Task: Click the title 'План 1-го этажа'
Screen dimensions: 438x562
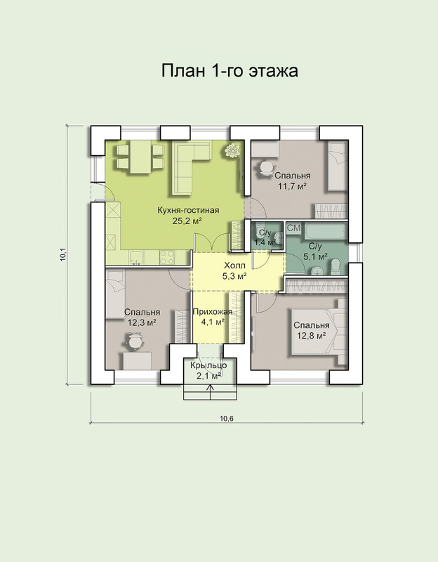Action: point(230,71)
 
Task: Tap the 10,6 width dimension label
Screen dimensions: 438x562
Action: point(227,418)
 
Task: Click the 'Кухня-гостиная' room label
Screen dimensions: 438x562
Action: point(188,210)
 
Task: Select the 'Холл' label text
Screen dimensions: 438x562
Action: point(234,266)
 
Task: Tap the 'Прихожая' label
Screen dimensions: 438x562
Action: point(213,312)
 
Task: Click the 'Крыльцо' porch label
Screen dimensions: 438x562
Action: point(208,365)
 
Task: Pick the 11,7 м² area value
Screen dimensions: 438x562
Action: point(293,185)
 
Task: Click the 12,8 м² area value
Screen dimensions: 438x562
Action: point(311,336)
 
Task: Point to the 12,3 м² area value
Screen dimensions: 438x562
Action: point(142,322)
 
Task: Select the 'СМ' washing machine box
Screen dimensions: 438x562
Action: point(294,228)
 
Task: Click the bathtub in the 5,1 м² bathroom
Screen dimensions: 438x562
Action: point(326,231)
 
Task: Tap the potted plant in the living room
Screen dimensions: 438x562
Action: point(232,150)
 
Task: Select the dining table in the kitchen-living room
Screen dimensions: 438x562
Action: point(140,157)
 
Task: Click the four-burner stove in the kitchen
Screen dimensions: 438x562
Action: point(167,257)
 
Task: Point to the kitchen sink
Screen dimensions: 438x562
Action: point(136,257)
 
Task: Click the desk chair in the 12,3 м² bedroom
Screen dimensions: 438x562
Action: point(133,340)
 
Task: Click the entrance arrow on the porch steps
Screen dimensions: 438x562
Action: point(210,391)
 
